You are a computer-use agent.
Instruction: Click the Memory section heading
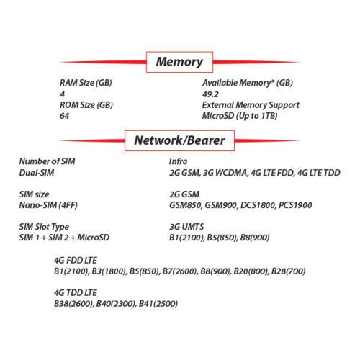[x=179, y=62]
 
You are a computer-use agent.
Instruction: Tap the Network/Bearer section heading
[x=179, y=140]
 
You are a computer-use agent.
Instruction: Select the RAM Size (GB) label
[x=86, y=83]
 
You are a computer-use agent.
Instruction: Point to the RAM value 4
[x=63, y=94]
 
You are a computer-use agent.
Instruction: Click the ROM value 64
[x=64, y=116]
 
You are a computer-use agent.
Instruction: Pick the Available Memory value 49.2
[x=210, y=94]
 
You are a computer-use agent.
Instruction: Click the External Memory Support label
[x=251, y=105]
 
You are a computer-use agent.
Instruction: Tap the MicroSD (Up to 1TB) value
[x=240, y=116]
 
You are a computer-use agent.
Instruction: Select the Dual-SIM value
[x=37, y=173]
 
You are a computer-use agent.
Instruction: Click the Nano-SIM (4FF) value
[x=48, y=205]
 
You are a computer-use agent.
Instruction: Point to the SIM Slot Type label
[x=44, y=227]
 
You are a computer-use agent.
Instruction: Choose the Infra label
[x=178, y=161]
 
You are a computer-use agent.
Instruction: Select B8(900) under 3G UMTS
[x=255, y=238]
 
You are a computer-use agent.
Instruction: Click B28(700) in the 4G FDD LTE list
[x=288, y=271]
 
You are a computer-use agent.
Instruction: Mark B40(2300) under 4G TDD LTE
[x=116, y=304]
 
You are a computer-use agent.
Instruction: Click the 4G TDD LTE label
[x=76, y=293]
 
